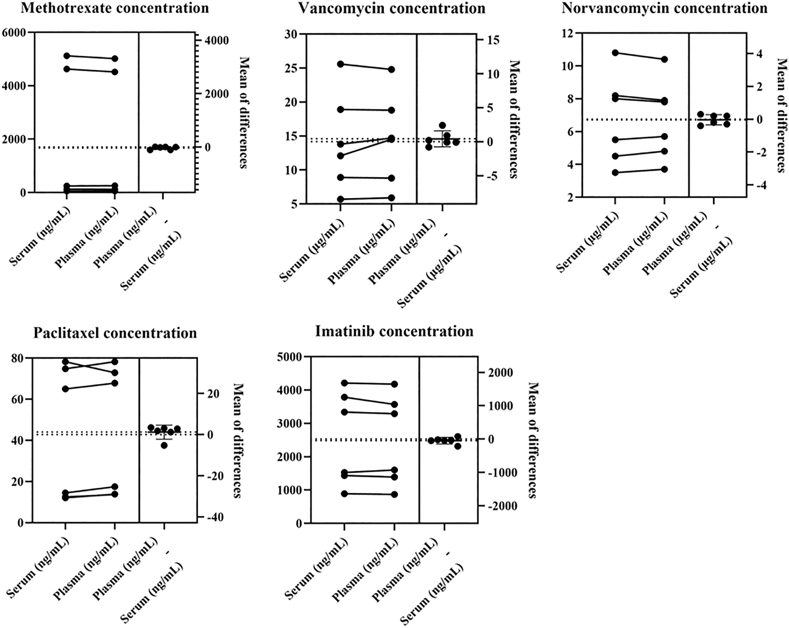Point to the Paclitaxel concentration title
tap(115, 333)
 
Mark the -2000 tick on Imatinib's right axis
tap(498, 506)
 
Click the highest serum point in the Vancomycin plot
tap(340, 64)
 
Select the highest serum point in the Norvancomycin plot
tap(615, 53)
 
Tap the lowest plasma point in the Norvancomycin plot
tap(665, 169)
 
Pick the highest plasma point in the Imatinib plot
tap(394, 384)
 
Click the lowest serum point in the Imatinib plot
tap(344, 494)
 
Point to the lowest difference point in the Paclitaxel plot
tap(164, 445)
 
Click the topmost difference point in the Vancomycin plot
tap(442, 126)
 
